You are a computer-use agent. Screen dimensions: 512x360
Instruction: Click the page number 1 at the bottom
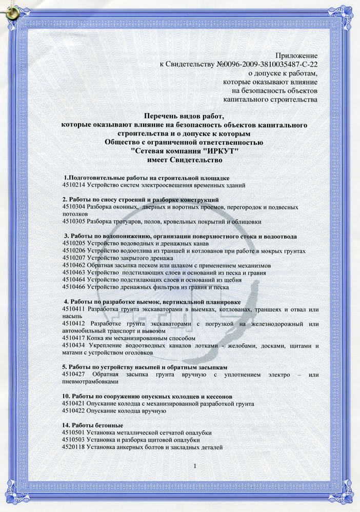196,466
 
